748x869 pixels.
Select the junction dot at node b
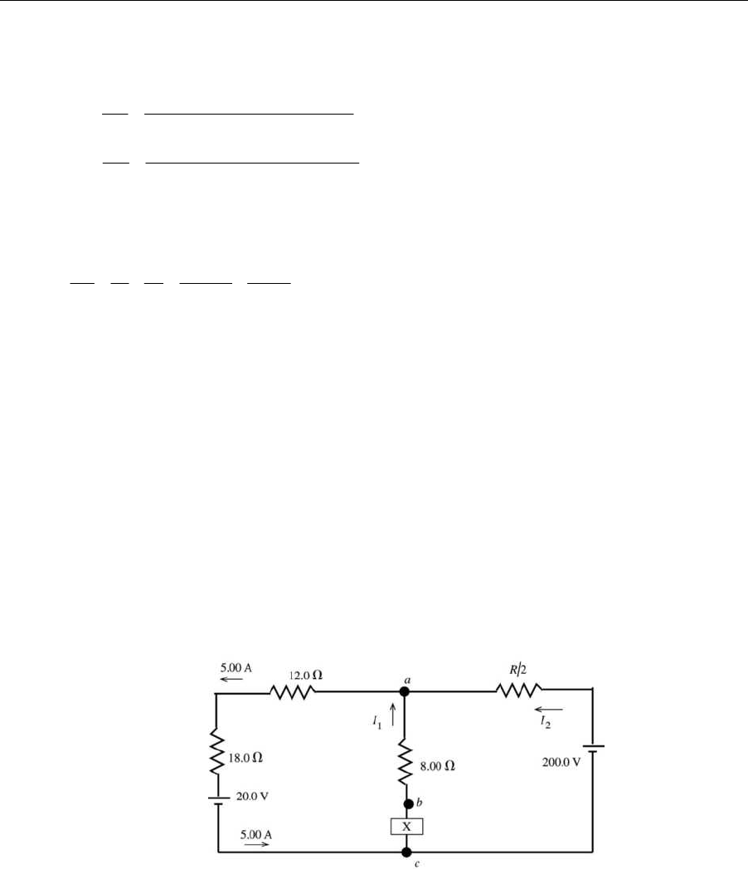(406, 804)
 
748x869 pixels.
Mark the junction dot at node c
(406, 852)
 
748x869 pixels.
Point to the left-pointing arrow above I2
(548, 710)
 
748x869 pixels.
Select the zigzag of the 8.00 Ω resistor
(406, 764)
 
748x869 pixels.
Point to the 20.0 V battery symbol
(216, 799)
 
